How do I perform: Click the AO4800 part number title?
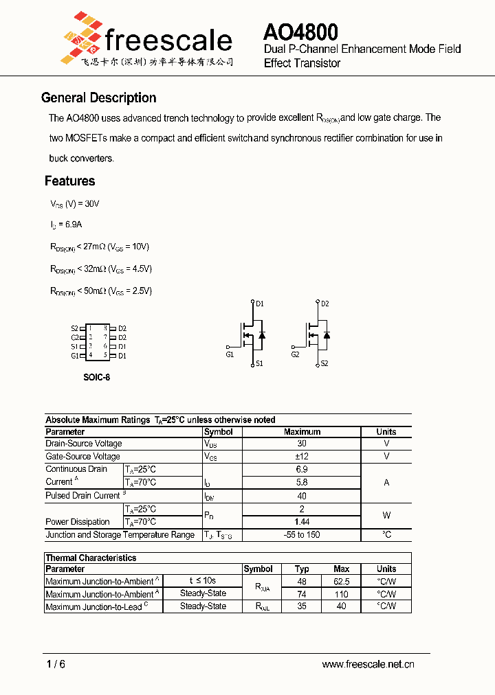point(300,32)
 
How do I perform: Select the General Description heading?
point(99,98)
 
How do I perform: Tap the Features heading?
point(69,181)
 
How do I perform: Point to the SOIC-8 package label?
point(96,377)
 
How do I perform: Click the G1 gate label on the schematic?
point(230,354)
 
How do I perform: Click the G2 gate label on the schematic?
point(295,354)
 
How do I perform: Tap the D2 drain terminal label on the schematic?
point(325,304)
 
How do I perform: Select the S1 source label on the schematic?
point(259,364)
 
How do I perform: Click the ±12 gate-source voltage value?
point(302,456)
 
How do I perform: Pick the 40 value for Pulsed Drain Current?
point(302,496)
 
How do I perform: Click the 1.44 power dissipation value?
point(302,522)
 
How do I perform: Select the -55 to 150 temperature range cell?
point(302,534)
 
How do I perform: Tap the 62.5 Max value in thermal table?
point(341,581)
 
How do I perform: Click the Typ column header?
point(302,569)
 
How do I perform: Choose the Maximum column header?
point(302,432)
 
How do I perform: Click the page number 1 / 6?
point(56,664)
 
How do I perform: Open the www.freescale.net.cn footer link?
point(368,664)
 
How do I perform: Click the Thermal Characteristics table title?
point(91,558)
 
